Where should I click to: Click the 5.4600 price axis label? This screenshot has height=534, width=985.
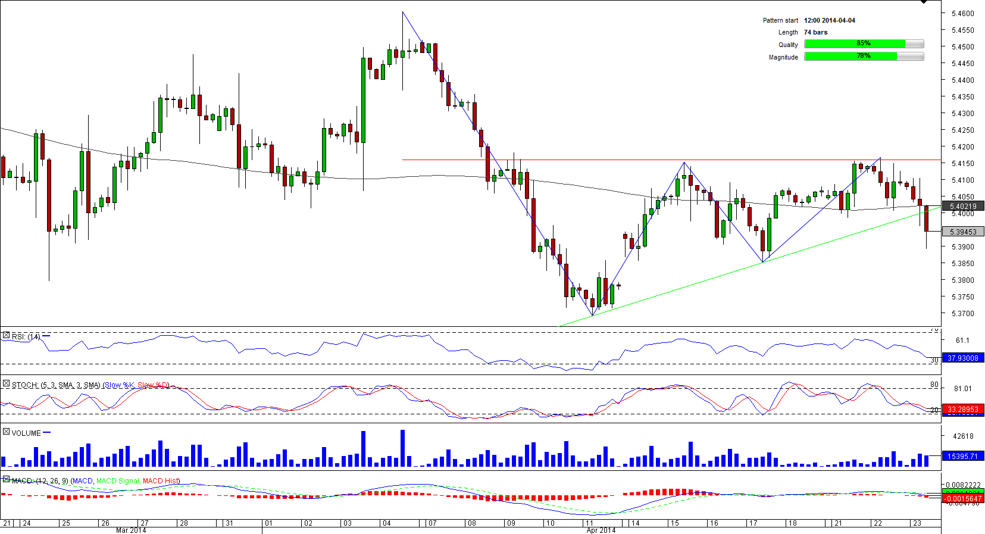pos(962,13)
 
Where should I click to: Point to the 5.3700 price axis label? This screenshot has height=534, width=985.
pos(962,313)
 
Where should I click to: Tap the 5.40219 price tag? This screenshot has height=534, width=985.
pos(963,207)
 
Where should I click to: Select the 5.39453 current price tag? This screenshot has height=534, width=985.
pos(963,232)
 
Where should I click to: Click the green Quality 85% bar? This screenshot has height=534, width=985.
pos(855,43)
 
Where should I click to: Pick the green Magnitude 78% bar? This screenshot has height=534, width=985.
pos(850,57)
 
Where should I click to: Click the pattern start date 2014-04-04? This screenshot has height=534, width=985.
pos(829,20)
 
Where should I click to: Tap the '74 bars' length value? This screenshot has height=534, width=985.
pos(815,32)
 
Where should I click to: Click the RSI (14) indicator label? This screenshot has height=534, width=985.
pos(26,337)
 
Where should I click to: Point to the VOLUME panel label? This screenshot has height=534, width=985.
pos(26,433)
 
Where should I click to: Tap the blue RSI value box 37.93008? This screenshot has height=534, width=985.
pos(962,358)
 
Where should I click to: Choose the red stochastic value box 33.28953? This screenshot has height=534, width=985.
pos(962,409)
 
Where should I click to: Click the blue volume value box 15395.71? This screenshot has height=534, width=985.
pos(962,456)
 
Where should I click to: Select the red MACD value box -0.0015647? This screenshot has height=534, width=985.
pos(962,498)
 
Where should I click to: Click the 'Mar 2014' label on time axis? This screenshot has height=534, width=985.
pos(131,530)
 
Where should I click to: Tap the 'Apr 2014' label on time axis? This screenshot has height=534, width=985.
pos(601,530)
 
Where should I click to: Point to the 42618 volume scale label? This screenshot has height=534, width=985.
pos(963,436)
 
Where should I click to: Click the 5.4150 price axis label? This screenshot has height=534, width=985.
pos(962,163)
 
